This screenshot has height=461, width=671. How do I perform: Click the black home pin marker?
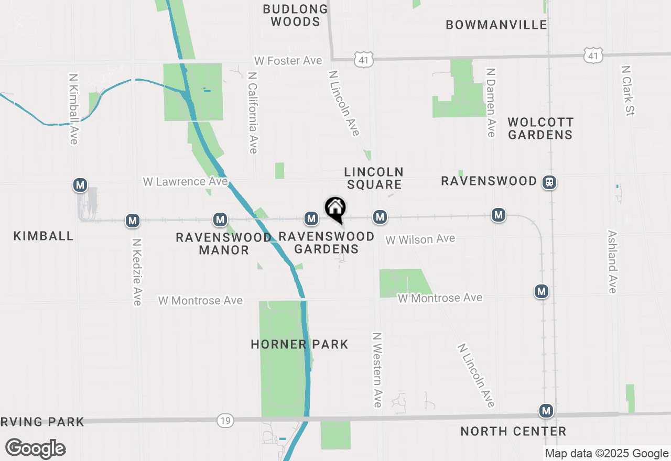pos(335,209)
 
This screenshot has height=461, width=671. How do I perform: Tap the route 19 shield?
pos(225,420)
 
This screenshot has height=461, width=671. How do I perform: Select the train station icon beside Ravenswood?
pos(549,182)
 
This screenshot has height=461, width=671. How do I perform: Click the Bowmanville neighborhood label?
pos(496,25)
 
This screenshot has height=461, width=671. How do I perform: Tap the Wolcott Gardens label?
pos(540,128)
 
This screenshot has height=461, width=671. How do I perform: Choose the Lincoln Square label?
pos(373,178)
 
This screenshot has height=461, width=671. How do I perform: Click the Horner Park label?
pos(299,344)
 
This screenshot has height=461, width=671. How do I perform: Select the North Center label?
pos(513,431)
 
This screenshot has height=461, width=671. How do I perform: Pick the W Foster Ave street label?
pos(288,61)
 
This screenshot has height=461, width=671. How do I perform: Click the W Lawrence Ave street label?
pos(185,181)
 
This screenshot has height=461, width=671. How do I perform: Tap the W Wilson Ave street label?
pos(420,239)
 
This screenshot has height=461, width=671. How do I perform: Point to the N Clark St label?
pos(627,90)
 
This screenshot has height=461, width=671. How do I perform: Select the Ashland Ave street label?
pos(612,261)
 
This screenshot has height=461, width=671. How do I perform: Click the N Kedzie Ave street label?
pos(137,272)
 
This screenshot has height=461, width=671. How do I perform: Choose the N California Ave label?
pos(253,113)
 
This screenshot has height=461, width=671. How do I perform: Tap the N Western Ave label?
pos(377,369)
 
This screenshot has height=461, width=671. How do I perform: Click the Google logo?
pos(36,448)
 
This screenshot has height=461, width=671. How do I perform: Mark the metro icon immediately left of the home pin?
pos(311,218)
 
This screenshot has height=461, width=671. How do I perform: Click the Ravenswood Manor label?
pos(224,244)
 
